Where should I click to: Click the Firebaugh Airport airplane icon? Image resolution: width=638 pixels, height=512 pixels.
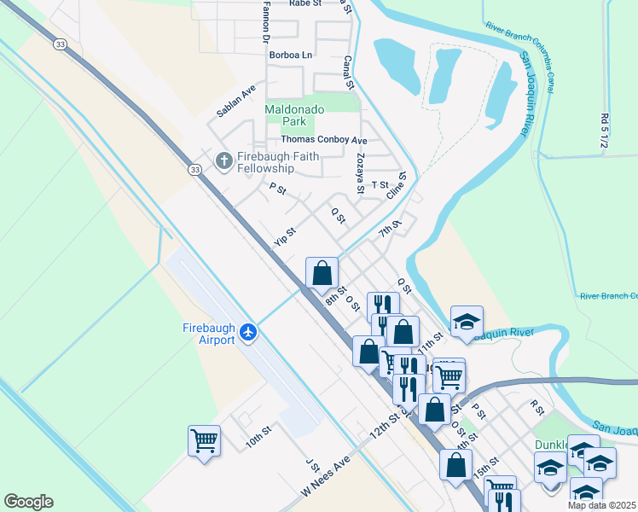point(248,331)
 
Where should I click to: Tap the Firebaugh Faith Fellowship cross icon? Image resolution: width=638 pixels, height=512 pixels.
point(224,160)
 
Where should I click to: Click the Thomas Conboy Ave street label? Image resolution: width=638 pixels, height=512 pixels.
point(323,139)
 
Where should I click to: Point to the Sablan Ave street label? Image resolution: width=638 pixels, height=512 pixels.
point(236,101)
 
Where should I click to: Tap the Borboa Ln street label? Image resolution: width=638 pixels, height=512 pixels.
point(291,55)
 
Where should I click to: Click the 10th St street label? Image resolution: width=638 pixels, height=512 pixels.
point(258,435)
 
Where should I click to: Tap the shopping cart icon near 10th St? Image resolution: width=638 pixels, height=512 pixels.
point(204,441)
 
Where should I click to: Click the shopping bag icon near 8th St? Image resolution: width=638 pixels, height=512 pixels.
point(322,273)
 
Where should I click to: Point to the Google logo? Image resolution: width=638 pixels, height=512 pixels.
point(28,502)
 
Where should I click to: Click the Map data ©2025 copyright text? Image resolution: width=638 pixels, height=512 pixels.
point(602,505)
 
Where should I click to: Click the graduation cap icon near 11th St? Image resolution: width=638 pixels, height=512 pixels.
point(467,322)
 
